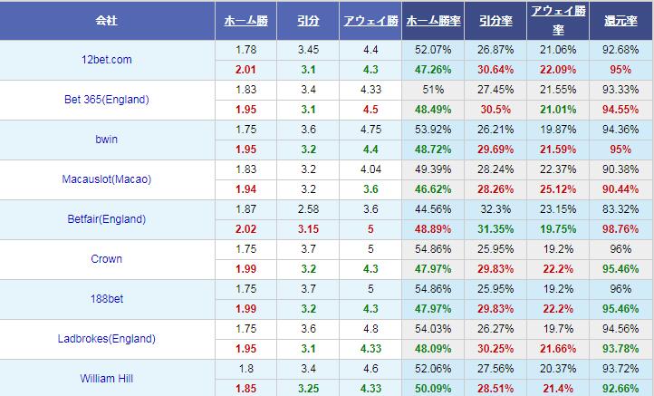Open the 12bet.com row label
[x=106, y=60]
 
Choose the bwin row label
[x=106, y=140]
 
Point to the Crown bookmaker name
[x=106, y=259]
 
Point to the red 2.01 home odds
[x=245, y=70]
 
